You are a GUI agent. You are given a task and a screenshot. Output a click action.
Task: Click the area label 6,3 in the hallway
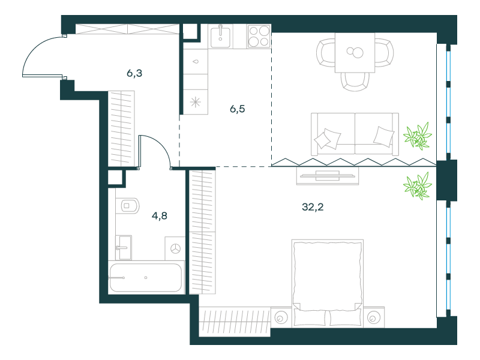tap(134, 73)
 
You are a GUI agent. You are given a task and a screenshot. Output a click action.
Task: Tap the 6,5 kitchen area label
tap(238, 109)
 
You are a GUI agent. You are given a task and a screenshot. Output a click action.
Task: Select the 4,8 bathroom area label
tap(160, 216)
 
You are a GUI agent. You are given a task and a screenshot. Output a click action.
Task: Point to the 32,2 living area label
tap(313, 207)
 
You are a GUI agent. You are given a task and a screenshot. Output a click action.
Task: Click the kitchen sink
tap(220, 37)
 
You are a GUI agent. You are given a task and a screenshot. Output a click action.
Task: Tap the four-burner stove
tap(259, 37)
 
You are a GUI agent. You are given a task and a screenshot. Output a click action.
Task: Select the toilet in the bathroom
tap(128, 205)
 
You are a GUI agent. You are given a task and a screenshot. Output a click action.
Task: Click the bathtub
tap(146, 278)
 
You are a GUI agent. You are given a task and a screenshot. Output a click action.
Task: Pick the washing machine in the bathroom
tap(175, 248)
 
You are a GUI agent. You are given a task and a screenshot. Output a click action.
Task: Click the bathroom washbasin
tap(124, 247)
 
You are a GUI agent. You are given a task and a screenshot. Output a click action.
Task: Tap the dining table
tap(355, 53)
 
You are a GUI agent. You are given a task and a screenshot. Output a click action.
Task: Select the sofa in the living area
tap(355, 134)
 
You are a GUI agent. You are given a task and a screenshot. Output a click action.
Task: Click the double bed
tap(328, 283)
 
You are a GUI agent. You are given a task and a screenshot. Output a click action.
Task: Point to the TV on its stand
tap(328, 176)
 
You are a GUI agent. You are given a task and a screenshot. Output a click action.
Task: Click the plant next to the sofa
tap(417, 136)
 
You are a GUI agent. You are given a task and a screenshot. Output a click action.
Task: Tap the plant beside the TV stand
tap(417, 185)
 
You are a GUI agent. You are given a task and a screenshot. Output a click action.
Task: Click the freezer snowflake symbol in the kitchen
tap(196, 102)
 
